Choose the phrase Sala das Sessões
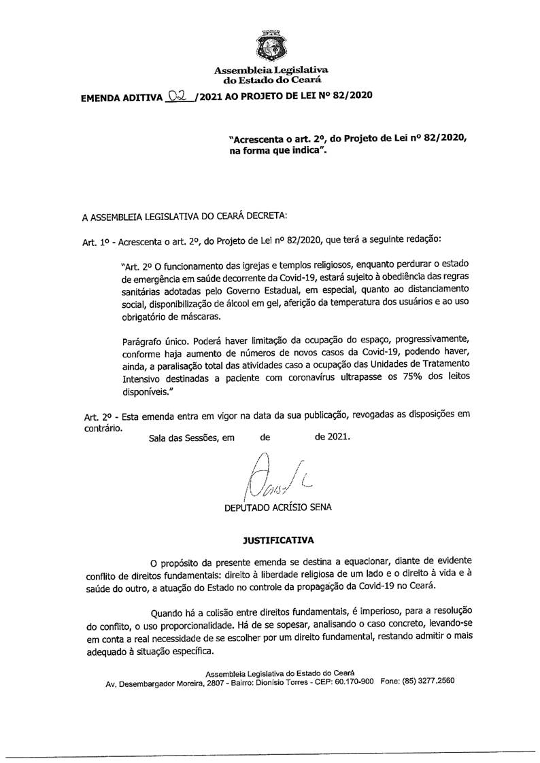pyautogui.click(x=182, y=438)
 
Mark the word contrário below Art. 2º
pyautogui.click(x=102, y=428)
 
